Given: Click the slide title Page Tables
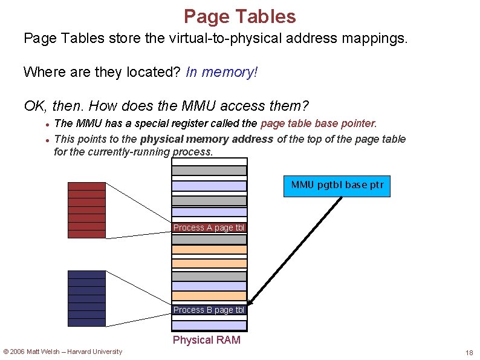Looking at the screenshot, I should point(239,16).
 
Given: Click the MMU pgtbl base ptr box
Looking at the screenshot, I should point(337,186).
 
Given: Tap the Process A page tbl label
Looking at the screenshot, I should point(209,228).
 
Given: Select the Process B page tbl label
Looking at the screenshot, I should point(209,310).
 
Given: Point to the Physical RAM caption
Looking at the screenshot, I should point(207,340).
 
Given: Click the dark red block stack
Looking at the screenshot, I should point(86,209).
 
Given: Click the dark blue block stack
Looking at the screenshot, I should point(86,298).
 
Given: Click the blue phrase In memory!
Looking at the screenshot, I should point(222,73).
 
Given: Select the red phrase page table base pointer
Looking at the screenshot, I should point(318,123).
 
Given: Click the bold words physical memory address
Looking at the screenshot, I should point(207,139).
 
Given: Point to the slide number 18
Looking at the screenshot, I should point(469,353).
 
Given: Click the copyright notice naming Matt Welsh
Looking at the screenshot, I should point(63,352).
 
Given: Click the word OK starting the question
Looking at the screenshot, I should point(34,106).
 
